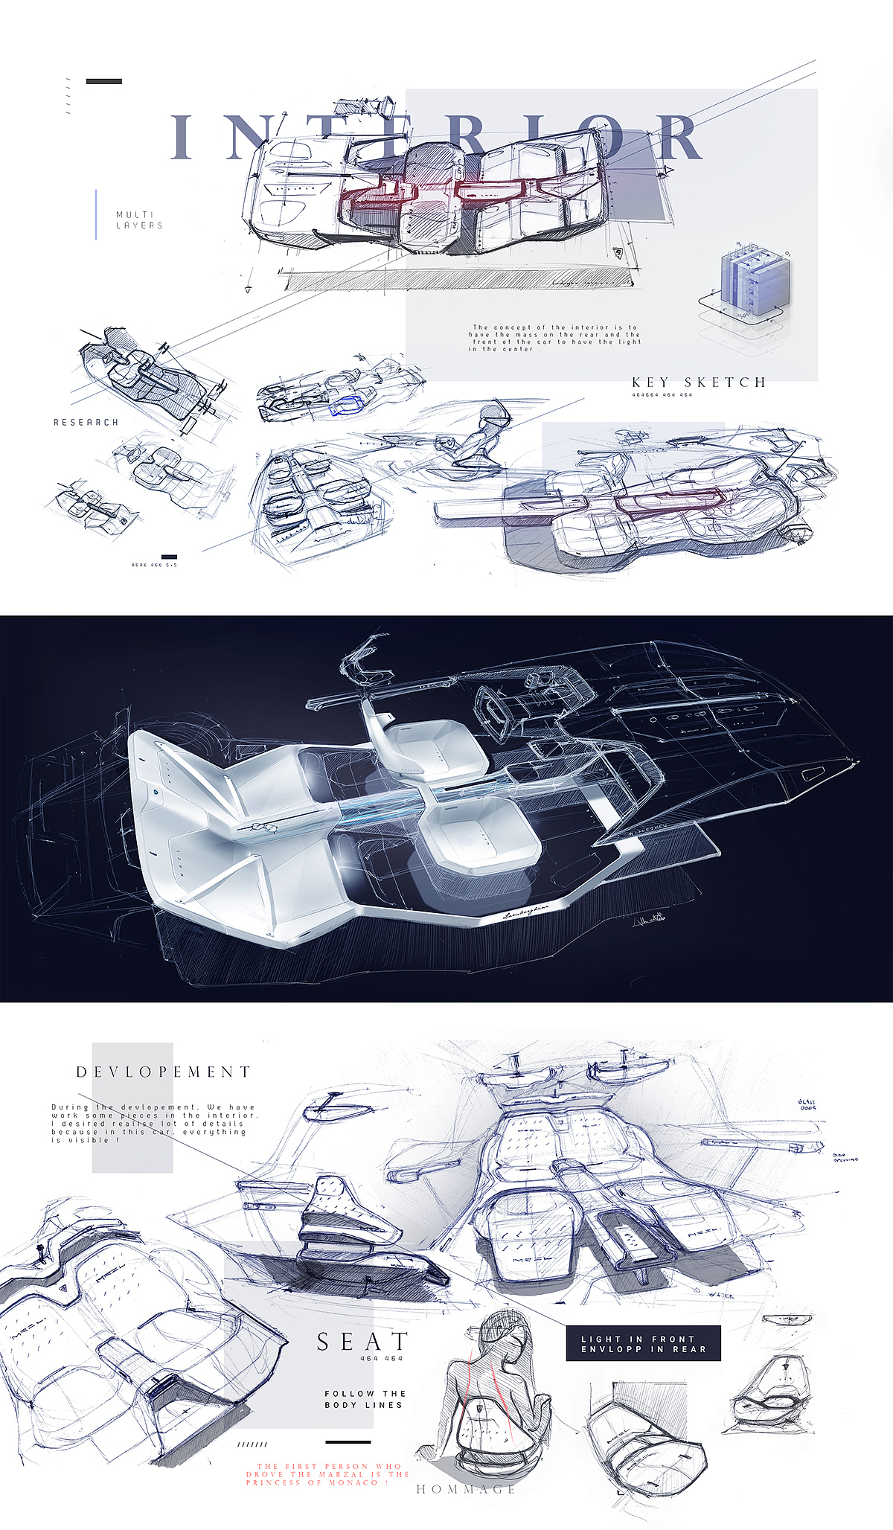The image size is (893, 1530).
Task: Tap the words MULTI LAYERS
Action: (x=139, y=220)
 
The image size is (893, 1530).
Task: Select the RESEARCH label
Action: (x=86, y=422)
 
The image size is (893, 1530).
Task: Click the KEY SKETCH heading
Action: (x=699, y=382)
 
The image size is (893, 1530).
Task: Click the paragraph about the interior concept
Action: (x=554, y=338)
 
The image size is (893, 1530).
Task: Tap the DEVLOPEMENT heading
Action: (x=164, y=1072)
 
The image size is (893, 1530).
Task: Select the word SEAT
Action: (x=362, y=1341)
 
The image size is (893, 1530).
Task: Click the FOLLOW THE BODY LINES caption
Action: (x=364, y=1399)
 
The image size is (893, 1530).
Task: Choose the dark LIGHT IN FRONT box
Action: (x=643, y=1343)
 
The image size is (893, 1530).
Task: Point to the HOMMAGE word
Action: (x=466, y=1489)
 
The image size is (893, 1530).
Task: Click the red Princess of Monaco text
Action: (x=327, y=1474)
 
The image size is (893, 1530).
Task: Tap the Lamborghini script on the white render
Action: (x=526, y=912)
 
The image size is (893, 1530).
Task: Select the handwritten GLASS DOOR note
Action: (x=807, y=1105)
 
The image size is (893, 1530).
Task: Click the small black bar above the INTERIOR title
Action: (x=103, y=81)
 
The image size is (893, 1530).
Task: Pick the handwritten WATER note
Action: (x=721, y=1296)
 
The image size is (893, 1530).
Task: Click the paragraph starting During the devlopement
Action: (x=153, y=1123)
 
